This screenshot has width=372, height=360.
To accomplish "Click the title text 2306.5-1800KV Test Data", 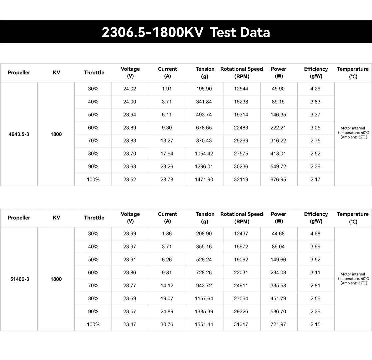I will coord(186,32).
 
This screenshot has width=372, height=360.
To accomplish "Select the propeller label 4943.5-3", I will coord(19,134).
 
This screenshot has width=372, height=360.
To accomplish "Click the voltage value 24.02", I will coord(130,89).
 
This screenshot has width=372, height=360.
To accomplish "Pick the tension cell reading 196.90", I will coord(204,89).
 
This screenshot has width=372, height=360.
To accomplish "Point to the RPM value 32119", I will coord(241,179).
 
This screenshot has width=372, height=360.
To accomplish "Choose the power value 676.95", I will coord(278,179).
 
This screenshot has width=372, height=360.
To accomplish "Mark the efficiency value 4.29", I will coord(315,89).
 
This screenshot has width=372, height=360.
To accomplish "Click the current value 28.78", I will coord(167,179).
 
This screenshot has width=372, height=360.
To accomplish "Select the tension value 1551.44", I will coord(204,324).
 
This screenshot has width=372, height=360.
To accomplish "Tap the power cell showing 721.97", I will coord(278,324).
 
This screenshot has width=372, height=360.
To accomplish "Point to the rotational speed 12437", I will coord(241,234).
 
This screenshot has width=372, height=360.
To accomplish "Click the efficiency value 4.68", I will coord(315,234).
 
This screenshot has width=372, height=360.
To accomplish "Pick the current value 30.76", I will coord(167,324).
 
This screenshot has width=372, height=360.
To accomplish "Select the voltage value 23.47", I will coord(130,324).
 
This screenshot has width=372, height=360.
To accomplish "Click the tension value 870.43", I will coord(204,140).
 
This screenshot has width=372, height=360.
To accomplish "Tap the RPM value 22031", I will coord(241,273).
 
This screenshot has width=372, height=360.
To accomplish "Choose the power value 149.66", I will coord(278,260).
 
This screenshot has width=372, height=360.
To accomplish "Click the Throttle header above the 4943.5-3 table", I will coord(94,72).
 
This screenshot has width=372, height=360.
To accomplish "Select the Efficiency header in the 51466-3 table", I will coord(316,218).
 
